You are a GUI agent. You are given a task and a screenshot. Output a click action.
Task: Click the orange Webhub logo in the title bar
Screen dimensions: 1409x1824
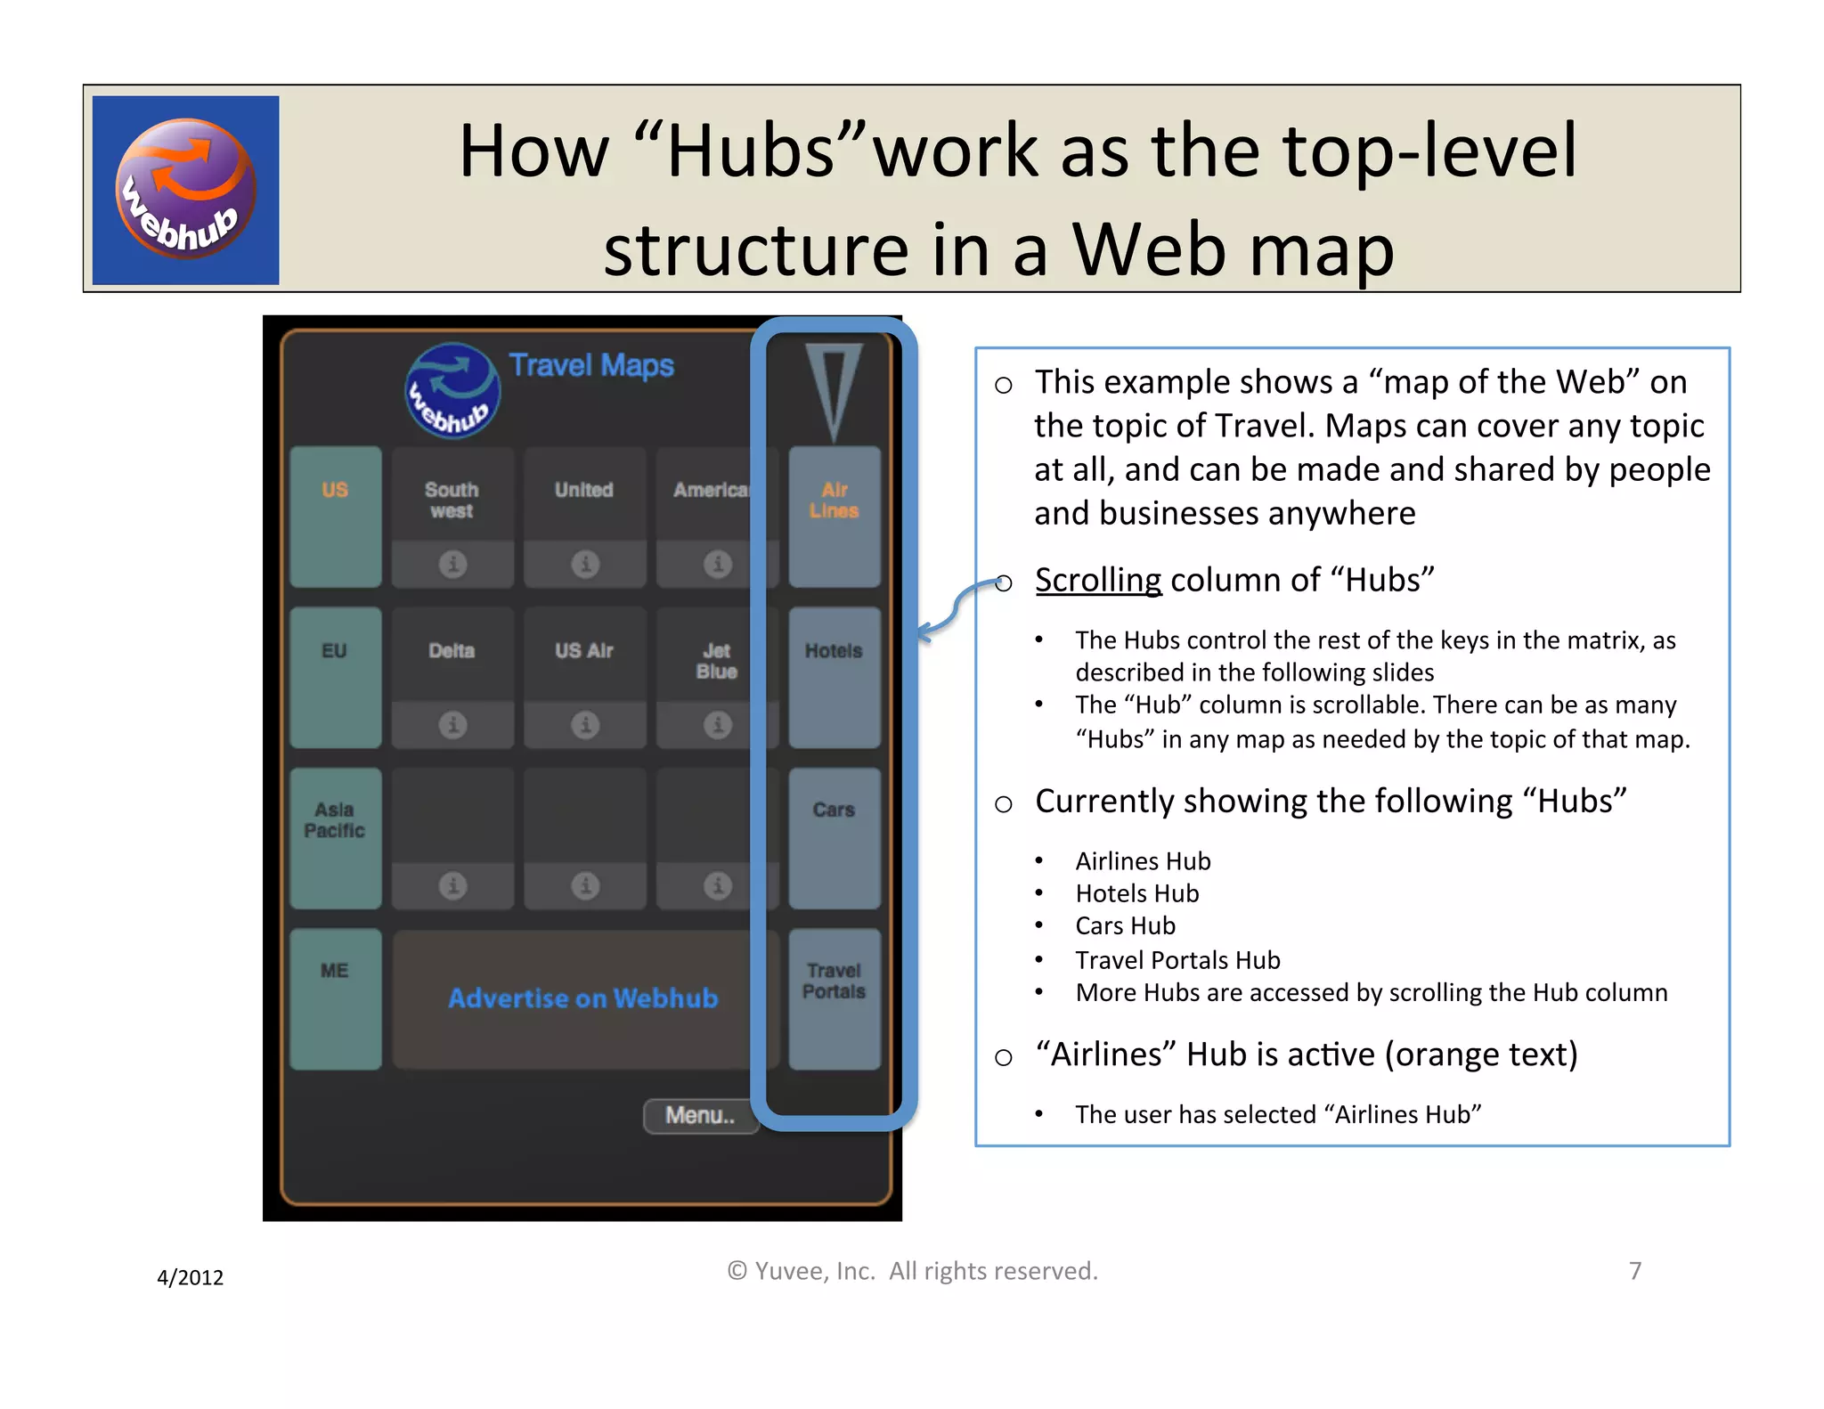tap(186, 189)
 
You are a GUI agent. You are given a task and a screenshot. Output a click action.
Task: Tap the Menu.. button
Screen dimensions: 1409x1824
tap(701, 1115)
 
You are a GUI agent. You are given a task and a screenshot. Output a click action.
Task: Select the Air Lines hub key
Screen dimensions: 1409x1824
tap(835, 516)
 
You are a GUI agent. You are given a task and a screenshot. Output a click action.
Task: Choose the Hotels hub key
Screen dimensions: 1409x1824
tap(835, 677)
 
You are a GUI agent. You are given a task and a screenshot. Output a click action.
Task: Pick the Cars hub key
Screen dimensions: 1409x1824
tap(835, 837)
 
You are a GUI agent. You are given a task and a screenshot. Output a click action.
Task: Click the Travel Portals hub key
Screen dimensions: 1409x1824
tap(835, 998)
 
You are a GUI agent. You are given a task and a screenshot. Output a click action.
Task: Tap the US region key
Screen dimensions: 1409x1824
tap(336, 516)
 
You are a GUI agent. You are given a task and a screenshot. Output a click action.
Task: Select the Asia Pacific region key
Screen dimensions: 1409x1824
tap(336, 837)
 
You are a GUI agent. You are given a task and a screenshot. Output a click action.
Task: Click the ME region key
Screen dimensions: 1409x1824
tap(336, 998)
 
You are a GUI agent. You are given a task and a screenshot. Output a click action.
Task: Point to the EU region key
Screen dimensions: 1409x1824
tap(336, 677)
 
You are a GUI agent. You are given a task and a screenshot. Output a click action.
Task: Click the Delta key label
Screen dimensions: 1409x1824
tap(452, 651)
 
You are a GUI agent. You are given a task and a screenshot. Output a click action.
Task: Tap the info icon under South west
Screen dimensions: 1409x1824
tap(452, 564)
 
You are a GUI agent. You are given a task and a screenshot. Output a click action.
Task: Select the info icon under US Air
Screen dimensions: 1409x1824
tap(585, 725)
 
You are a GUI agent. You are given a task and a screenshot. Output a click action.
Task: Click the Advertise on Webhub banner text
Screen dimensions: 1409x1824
tap(583, 998)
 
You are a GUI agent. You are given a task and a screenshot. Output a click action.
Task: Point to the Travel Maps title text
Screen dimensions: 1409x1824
tap(591, 365)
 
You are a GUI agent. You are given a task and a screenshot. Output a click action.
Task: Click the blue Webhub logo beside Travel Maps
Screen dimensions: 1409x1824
tap(452, 391)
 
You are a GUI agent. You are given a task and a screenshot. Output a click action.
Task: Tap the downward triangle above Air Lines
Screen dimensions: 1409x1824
tap(834, 388)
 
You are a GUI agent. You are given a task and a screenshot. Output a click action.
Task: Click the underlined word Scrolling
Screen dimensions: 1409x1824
tap(1098, 580)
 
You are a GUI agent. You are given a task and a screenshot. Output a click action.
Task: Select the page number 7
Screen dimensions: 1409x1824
tap(1635, 1270)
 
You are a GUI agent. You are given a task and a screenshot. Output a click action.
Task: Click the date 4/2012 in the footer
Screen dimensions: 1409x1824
tap(190, 1277)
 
